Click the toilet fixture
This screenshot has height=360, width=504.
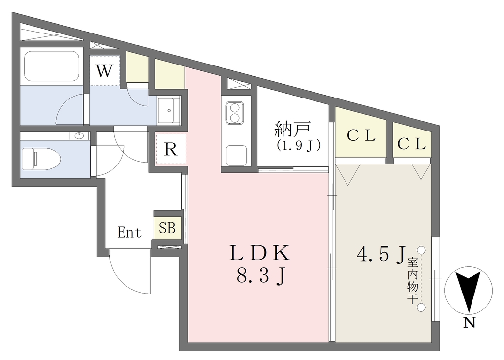pyautogui.click(x=41, y=159)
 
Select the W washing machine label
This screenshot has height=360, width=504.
pyautogui.click(x=105, y=71)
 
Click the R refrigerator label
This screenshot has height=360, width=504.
pyautogui.click(x=171, y=149)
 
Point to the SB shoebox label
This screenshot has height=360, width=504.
pyautogui.click(x=167, y=228)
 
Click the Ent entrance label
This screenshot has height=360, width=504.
pyautogui.click(x=129, y=232)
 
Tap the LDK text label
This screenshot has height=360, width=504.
pyautogui.click(x=260, y=253)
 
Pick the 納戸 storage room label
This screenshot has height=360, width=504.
pyautogui.click(x=293, y=129)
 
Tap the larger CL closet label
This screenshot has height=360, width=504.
pyautogui.click(x=361, y=136)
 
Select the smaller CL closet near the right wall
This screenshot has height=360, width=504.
pyautogui.click(x=412, y=144)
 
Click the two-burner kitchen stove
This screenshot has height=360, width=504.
pyautogui.click(x=234, y=113)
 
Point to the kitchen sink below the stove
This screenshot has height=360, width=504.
pyautogui.click(x=236, y=155)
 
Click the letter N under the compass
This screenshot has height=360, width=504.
pyautogui.click(x=469, y=323)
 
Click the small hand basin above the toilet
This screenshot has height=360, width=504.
pyautogui.click(x=79, y=136)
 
